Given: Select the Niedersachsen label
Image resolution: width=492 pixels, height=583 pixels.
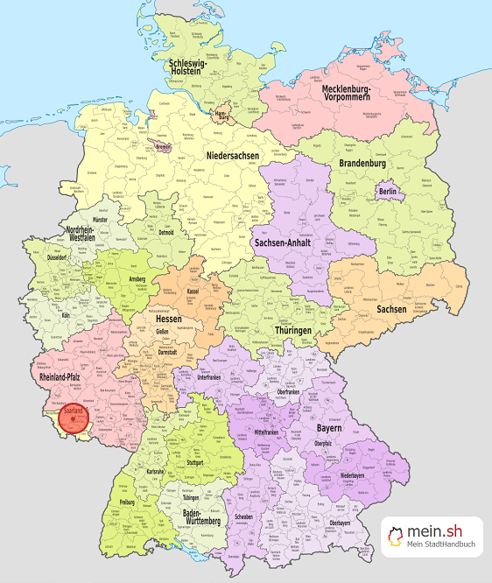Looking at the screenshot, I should [234, 156].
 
